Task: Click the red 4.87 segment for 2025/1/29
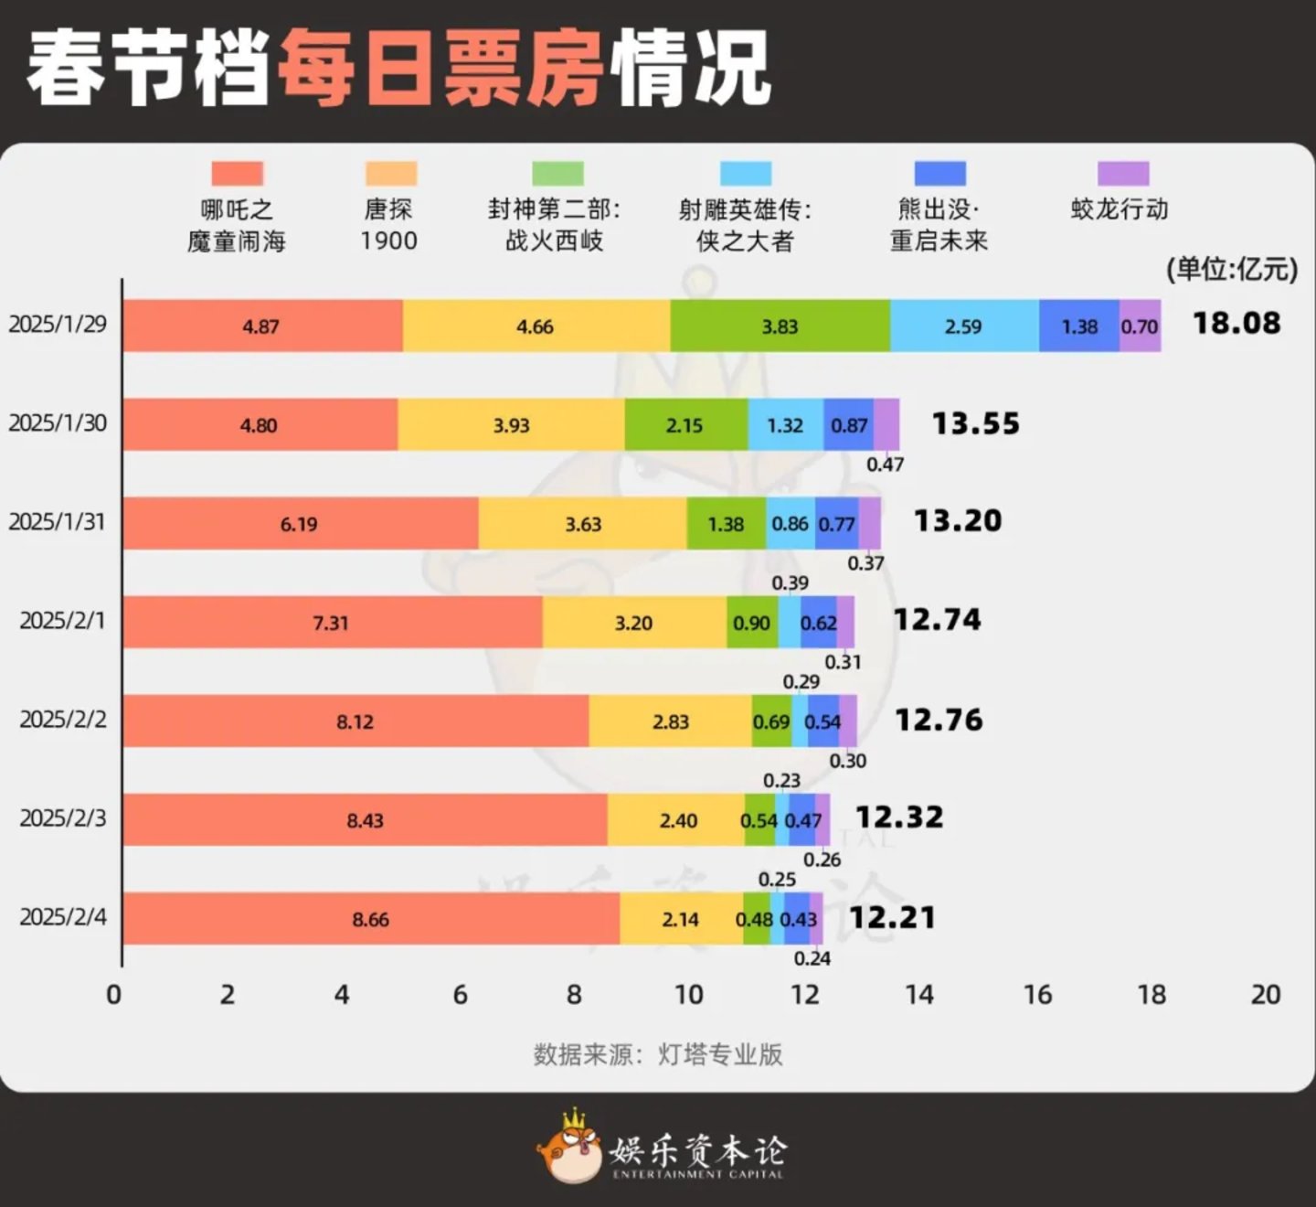click(x=261, y=326)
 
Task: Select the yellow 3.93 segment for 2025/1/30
click(x=511, y=425)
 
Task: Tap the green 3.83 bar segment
click(x=780, y=326)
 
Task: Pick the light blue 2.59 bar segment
click(x=963, y=326)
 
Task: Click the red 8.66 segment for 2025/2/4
click(x=370, y=919)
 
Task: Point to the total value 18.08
click(x=1236, y=323)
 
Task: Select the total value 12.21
click(x=892, y=917)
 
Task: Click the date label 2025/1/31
click(x=58, y=522)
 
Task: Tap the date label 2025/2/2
click(x=63, y=720)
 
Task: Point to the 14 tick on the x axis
click(x=919, y=995)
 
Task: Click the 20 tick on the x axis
click(x=1265, y=995)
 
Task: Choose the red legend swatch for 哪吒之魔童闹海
click(x=237, y=174)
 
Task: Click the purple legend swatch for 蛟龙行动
click(x=1122, y=174)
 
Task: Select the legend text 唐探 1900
click(x=388, y=225)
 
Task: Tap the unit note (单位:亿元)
click(x=1231, y=269)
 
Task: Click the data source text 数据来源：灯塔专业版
click(x=658, y=1054)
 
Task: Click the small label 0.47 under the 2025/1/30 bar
click(x=885, y=465)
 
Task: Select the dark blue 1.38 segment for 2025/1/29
click(x=1079, y=326)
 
